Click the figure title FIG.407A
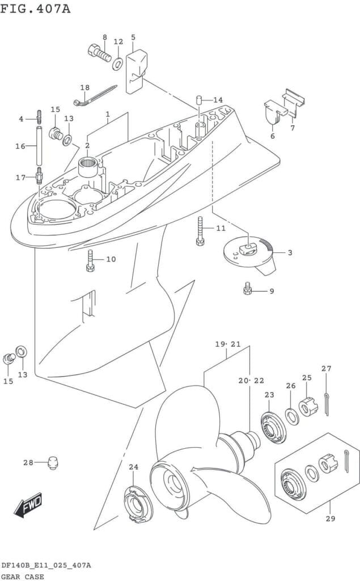(x=35, y=9)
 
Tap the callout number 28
(x=28, y=462)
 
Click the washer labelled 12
(x=118, y=62)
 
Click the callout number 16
(x=20, y=146)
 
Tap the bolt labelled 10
(x=90, y=260)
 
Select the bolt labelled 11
(x=200, y=231)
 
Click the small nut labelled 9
(x=247, y=290)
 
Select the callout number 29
(x=331, y=518)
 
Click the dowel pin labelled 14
(x=200, y=101)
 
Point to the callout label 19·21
(x=228, y=344)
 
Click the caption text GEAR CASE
(x=22, y=576)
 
